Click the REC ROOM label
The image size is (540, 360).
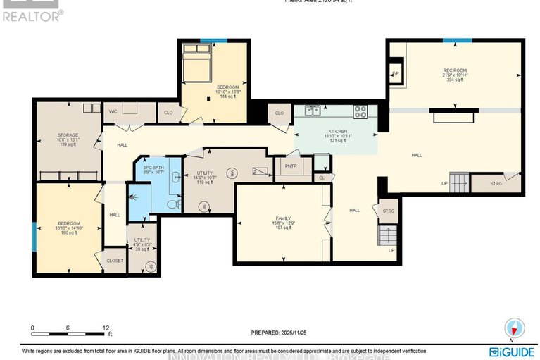(451, 70)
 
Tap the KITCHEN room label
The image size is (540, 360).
(337, 132)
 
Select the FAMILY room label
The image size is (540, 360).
(283, 218)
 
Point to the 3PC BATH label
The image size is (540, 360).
(153, 168)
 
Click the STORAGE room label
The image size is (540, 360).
(68, 135)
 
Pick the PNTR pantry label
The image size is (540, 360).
(290, 167)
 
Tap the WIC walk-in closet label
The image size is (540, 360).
(113, 111)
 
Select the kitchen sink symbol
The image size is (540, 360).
(311, 110)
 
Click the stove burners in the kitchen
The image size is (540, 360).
(360, 110)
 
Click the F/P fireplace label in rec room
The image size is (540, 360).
(396, 73)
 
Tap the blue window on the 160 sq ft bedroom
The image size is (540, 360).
(34, 235)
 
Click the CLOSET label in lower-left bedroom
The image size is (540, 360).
(115, 261)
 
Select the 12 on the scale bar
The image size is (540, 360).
(106, 328)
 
